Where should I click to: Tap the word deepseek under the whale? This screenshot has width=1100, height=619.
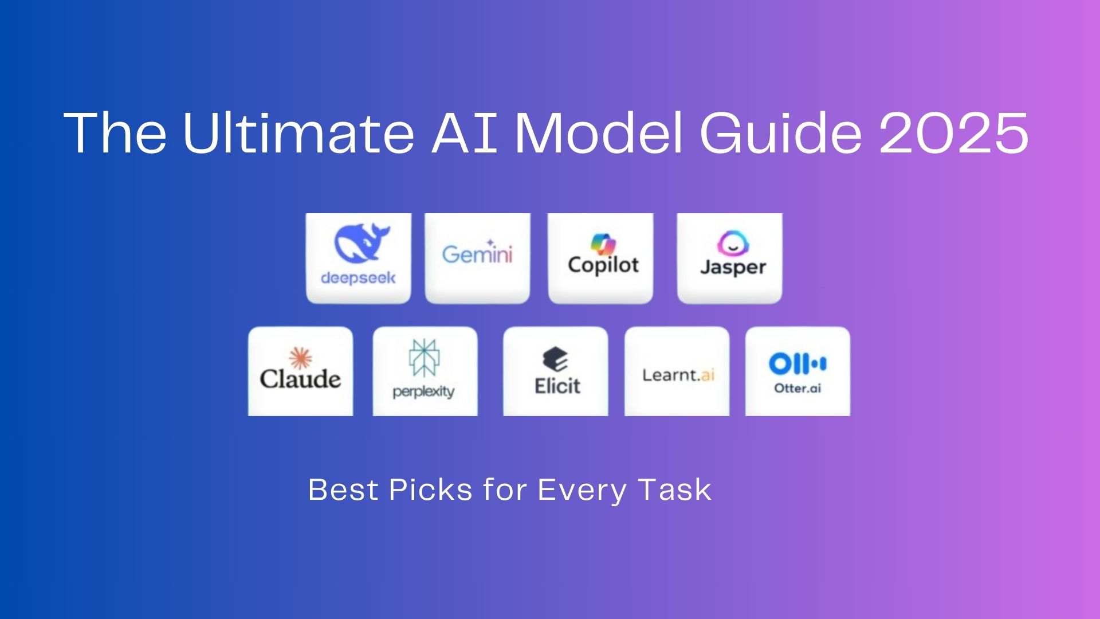pyautogui.click(x=358, y=278)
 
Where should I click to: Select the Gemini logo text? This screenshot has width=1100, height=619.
pyautogui.click(x=477, y=253)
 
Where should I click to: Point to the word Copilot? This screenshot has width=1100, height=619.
pyautogui.click(x=603, y=265)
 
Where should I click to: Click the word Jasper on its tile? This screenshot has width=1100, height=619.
pyautogui.click(x=733, y=268)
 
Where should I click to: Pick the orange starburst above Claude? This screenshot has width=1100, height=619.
pyautogui.click(x=300, y=358)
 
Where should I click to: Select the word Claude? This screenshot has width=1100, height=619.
pyautogui.click(x=300, y=379)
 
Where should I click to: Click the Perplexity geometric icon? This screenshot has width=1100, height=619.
pyautogui.click(x=424, y=357)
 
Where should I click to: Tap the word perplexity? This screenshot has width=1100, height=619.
pyautogui.click(x=423, y=392)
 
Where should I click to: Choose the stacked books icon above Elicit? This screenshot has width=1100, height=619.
pyautogui.click(x=555, y=359)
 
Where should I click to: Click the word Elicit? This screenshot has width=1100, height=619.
pyautogui.click(x=557, y=386)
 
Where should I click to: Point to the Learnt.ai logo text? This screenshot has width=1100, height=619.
pyautogui.click(x=678, y=375)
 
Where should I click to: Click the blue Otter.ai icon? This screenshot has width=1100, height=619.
pyautogui.click(x=797, y=363)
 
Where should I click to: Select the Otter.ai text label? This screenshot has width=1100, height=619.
pyautogui.click(x=797, y=388)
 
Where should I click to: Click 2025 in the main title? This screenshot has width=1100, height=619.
pyautogui.click(x=954, y=133)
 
